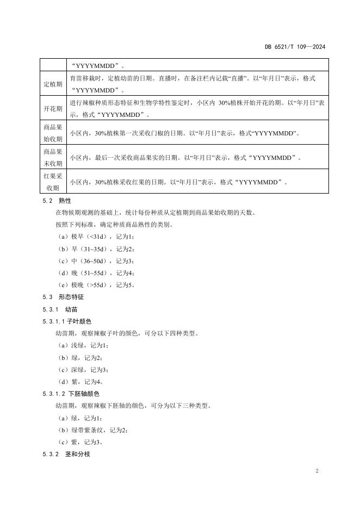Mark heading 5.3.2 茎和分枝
coord(66,454)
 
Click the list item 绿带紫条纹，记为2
coord(92,430)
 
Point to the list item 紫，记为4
coord(79,381)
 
